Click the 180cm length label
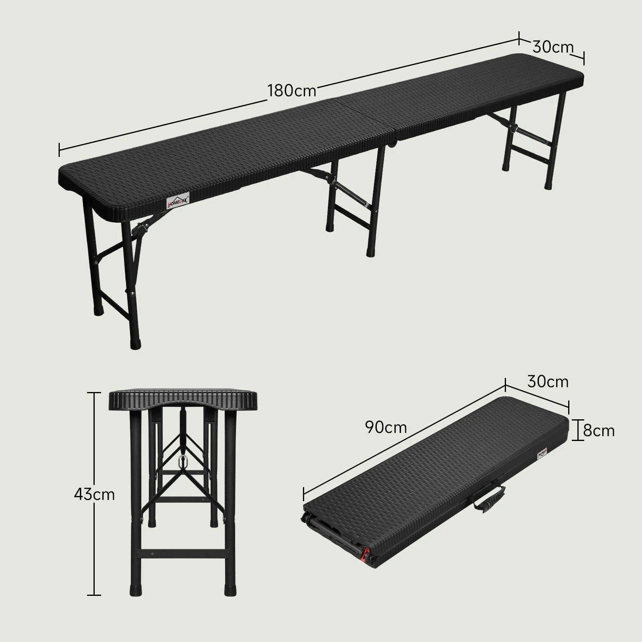pyautogui.click(x=292, y=91)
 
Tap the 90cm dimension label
pyautogui.click(x=386, y=427)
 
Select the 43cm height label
pyautogui.click(x=94, y=494)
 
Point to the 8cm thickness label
pyautogui.click(x=599, y=431)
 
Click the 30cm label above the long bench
pyautogui.click(x=553, y=47)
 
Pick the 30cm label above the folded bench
pyautogui.click(x=548, y=381)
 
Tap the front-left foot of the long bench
pyautogui.click(x=136, y=344)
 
